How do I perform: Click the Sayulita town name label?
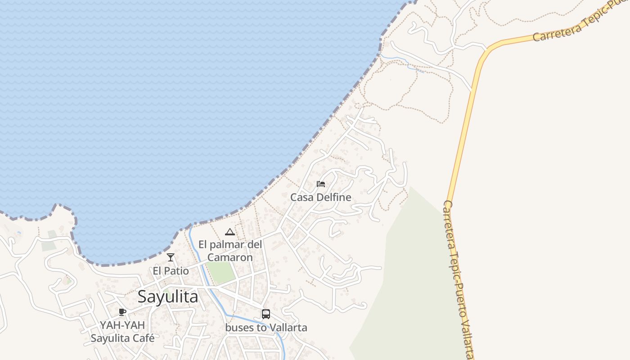pos(167,297)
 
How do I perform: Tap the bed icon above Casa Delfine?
pos(321,184)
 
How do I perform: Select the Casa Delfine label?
pos(320,198)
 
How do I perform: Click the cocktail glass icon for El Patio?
pos(171,257)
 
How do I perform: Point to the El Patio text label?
pos(171,271)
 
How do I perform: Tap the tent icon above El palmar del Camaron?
pos(230,232)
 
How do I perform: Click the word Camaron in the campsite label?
pos(230,258)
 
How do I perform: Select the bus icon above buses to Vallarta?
pos(266,314)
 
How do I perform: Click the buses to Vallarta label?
pos(266,328)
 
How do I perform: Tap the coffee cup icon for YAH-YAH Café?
pos(122,312)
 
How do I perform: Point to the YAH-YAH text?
pos(122,325)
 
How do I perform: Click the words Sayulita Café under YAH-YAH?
pos(122,338)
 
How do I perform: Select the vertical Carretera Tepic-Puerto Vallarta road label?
pos(458,279)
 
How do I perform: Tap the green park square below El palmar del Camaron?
pos(221,273)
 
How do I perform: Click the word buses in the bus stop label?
pos(239,328)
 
